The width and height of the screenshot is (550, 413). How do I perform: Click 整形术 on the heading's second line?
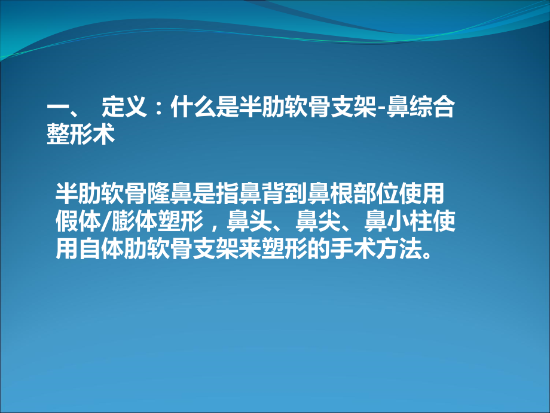coord(80,135)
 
